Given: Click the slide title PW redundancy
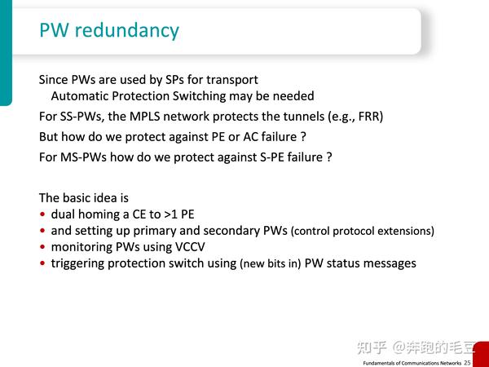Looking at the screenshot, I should (109, 31).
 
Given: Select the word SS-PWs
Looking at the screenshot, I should (81, 116).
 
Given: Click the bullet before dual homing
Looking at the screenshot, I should (42, 215).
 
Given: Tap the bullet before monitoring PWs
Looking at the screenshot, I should (42, 248).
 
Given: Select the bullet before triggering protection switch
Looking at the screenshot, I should (42, 264).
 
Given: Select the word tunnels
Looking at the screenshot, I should (285, 116).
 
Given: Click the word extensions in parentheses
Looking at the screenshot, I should (404, 232).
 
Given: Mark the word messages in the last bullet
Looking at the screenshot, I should (388, 263).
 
